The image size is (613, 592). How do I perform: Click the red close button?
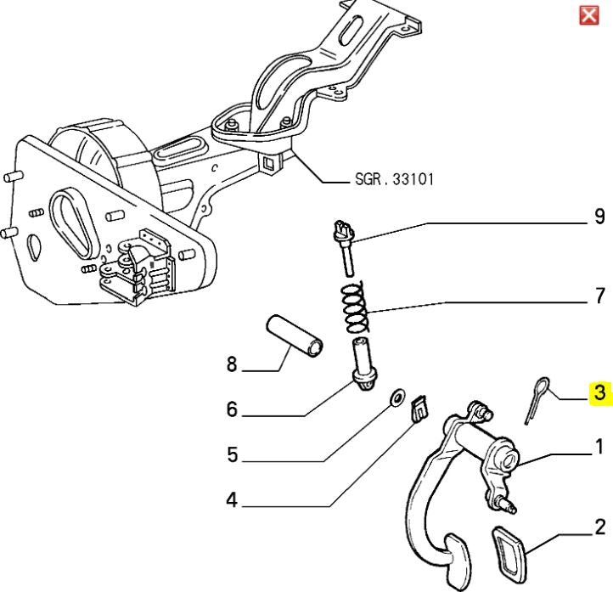[x=588, y=15]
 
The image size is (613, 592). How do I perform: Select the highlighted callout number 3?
[x=600, y=392]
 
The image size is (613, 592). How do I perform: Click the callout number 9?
[x=599, y=217]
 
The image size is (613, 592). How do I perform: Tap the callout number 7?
[x=599, y=296]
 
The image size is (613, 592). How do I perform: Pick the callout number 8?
[x=231, y=366]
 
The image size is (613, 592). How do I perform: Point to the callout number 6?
[x=231, y=410]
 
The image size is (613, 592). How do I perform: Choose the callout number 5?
[x=232, y=456]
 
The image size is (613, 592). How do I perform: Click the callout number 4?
[x=231, y=501]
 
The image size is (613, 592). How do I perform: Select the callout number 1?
[x=599, y=447]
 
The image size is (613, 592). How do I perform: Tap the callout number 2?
[x=599, y=527]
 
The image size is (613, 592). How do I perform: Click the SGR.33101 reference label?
[x=392, y=181]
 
